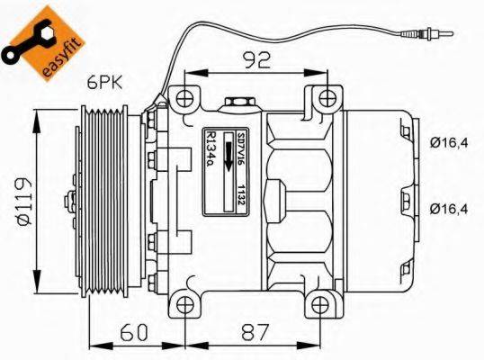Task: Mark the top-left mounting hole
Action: pyautogui.click(x=184, y=97)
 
